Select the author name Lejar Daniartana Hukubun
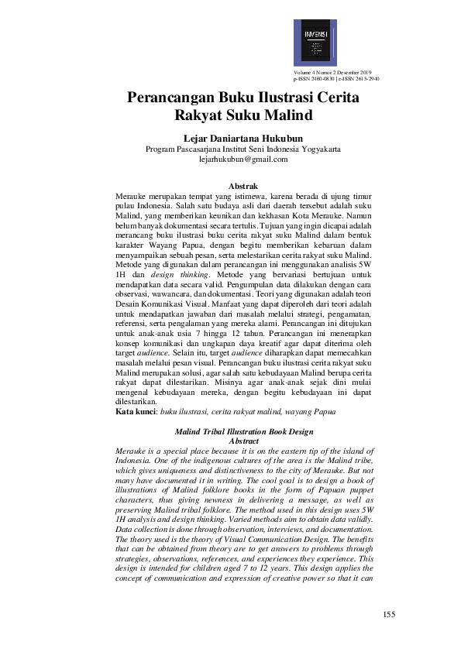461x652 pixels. [230, 138]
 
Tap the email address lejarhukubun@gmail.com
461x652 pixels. [232, 159]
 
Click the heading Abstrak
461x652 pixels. [244, 186]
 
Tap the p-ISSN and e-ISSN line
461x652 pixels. [336, 79]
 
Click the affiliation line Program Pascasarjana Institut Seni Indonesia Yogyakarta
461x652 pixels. [232, 149]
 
